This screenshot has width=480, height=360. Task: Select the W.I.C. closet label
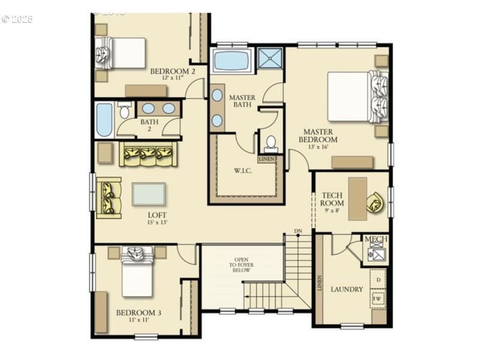[x=243, y=170]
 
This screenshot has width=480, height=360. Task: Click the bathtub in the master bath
[x=232, y=61]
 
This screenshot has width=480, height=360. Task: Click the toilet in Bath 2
[x=125, y=111]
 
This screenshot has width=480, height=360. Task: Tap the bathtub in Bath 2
[x=104, y=119]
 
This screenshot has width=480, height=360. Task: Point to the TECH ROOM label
[x=332, y=199]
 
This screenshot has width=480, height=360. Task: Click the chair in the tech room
[x=376, y=202]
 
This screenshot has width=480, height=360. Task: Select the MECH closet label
[x=376, y=239]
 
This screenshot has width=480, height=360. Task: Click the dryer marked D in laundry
[x=378, y=280]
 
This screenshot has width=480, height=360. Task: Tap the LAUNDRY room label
[x=347, y=290]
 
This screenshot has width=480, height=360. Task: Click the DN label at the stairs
[x=298, y=231]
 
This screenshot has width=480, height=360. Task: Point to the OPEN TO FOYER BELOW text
[x=241, y=264]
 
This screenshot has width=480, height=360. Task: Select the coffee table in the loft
[x=149, y=194]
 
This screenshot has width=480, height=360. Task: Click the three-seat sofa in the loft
[x=148, y=155]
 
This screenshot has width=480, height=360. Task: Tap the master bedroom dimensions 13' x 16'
[x=318, y=147]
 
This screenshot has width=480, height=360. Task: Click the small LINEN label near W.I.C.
[x=266, y=159]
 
